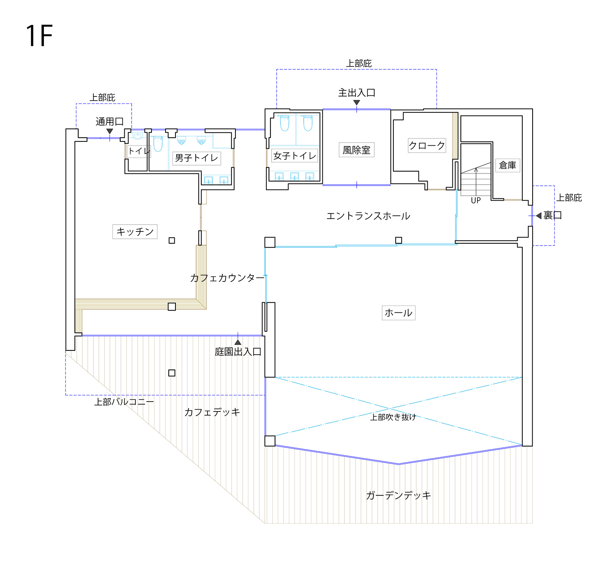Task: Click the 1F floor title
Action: [39, 36]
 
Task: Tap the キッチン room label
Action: [135, 231]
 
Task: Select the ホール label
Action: [399, 313]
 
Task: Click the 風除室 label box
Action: [357, 150]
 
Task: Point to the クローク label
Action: [427, 145]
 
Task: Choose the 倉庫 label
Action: [508, 165]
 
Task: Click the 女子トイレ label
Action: [295, 156]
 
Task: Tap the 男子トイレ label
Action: [196, 158]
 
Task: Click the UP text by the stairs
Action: [476, 201]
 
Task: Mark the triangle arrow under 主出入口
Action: [357, 103]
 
